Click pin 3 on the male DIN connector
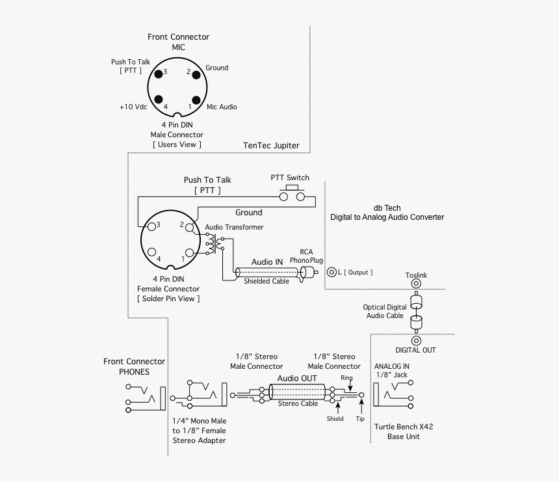(x=158, y=73)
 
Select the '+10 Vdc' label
(x=134, y=107)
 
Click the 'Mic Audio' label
(x=222, y=107)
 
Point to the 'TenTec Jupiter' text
(x=271, y=146)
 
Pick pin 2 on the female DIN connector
(x=188, y=228)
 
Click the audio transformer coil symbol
(x=211, y=244)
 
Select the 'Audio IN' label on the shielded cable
(x=267, y=261)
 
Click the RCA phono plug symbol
(x=310, y=273)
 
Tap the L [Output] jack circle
(x=331, y=272)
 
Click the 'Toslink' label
(x=416, y=276)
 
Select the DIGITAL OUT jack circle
(x=416, y=340)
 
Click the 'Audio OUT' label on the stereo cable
(x=297, y=379)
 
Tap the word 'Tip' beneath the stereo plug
(x=360, y=419)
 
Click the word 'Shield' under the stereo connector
(x=335, y=419)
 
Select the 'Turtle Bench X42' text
(x=404, y=427)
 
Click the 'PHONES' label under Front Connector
(x=134, y=372)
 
